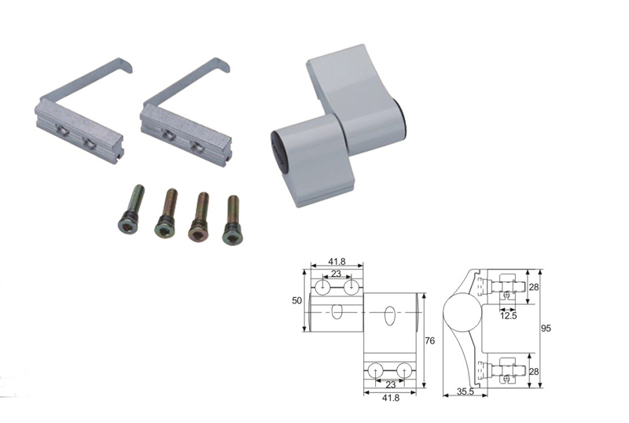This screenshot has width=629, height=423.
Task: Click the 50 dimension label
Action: (x=296, y=300)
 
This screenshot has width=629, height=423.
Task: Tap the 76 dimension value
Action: (x=429, y=340)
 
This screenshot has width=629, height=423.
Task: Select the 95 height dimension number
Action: (x=546, y=329)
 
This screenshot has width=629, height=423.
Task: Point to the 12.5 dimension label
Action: (x=508, y=316)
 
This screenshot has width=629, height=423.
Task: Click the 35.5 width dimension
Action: (x=465, y=392)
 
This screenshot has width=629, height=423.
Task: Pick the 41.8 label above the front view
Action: (x=337, y=261)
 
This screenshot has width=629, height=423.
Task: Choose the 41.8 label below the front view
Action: (x=391, y=398)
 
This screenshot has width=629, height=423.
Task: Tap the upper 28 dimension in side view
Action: (x=534, y=287)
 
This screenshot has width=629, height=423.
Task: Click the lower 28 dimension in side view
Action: (x=534, y=372)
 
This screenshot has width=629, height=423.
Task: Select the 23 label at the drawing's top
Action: (x=337, y=274)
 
